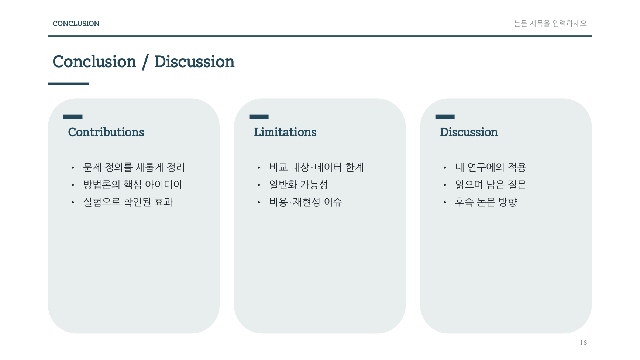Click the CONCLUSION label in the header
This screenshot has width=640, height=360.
coord(76,24)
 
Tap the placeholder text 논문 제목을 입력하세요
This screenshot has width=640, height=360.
coord(550,24)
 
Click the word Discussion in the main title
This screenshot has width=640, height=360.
coord(194,62)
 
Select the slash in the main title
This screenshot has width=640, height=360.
coord(145,62)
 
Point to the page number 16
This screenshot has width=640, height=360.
coord(583,343)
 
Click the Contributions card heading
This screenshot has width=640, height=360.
coord(106,132)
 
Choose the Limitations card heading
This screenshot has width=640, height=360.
coord(285,132)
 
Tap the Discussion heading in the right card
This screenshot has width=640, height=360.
coord(469,132)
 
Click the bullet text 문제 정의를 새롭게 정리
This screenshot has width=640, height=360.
coord(134,167)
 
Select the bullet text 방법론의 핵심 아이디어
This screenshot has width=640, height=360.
coord(133,185)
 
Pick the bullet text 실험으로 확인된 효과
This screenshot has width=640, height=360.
coord(128,202)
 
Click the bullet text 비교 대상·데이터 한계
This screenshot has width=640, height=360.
coord(317,167)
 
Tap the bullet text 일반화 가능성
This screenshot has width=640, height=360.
coord(299,185)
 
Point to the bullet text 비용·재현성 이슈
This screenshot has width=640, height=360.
coord(306,202)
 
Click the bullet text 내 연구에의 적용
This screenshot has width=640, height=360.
coord(491,167)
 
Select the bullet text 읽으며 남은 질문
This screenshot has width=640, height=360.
coord(491,185)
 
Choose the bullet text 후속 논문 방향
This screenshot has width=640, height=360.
coord(486,202)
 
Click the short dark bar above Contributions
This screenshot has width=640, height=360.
coord(73,117)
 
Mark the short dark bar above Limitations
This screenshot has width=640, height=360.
coord(259,117)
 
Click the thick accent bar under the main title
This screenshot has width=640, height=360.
coord(68,84)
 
